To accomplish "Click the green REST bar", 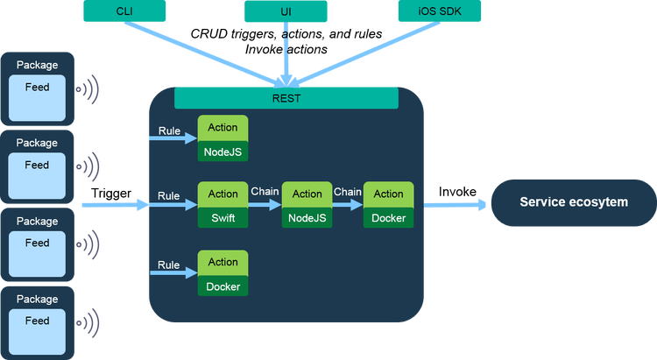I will click(x=286, y=98).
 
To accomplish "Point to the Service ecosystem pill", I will click(x=573, y=202).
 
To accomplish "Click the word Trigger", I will click(x=110, y=193).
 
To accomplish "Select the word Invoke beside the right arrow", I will click(x=457, y=192).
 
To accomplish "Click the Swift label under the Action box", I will click(x=223, y=217).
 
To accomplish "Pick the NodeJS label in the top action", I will click(x=223, y=151).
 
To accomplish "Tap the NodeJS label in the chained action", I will click(x=307, y=217).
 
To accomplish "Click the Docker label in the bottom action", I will click(x=223, y=286).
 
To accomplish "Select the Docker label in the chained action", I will click(x=389, y=217).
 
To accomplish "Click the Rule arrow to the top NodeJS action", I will click(x=175, y=139).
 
